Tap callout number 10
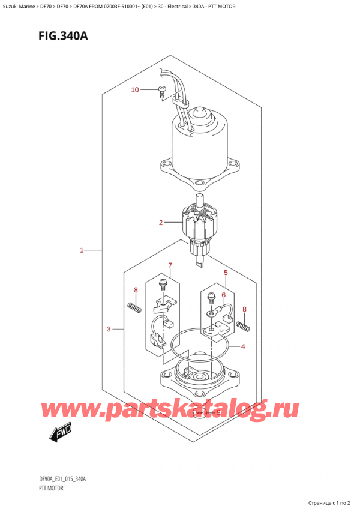[135, 90]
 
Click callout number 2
[160, 223]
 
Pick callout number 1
[82, 250]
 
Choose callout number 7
[170, 265]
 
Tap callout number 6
[223, 295]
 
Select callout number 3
[109, 328]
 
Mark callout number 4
[243, 346]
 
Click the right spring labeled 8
[243, 326]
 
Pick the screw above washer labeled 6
[211, 297]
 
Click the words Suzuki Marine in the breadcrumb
[19, 6]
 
